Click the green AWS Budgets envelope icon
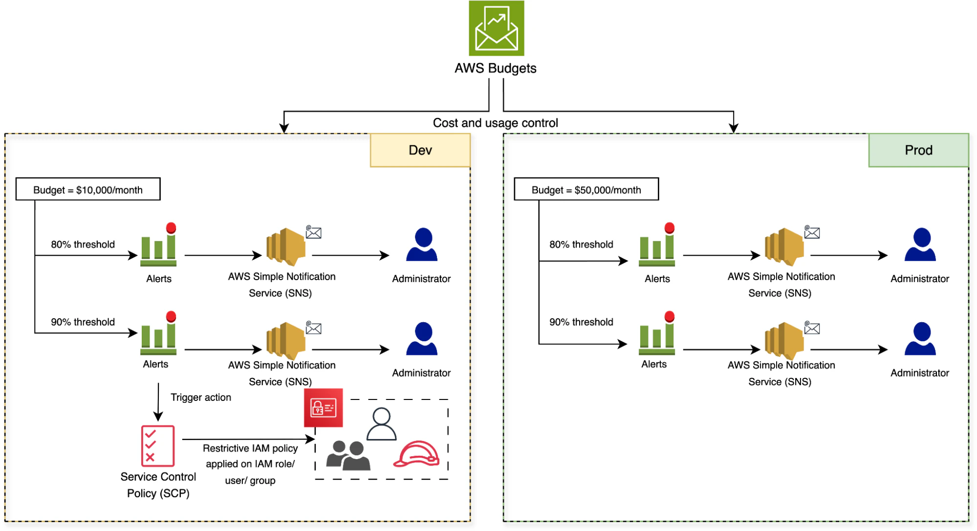tap(496, 28)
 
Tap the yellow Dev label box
tap(420, 150)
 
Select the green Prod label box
tap(918, 150)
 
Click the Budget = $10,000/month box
tap(88, 189)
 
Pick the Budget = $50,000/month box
tap(586, 189)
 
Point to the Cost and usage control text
tap(495, 123)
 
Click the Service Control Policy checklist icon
tap(157, 445)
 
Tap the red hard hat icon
tap(417, 454)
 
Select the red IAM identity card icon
tap(323, 407)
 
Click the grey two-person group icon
tap(348, 455)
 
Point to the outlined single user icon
tap(381, 424)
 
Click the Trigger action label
tap(200, 397)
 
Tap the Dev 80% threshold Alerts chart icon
tap(158, 245)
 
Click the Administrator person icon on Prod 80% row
tap(920, 245)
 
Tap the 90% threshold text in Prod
tap(581, 322)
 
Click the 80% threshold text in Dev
tap(83, 244)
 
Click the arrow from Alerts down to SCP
tap(158, 401)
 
